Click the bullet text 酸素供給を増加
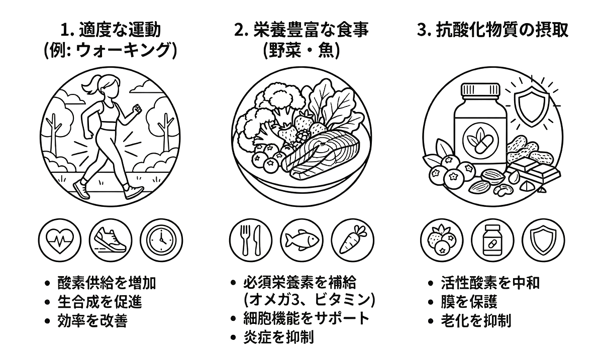tap(107, 283)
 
